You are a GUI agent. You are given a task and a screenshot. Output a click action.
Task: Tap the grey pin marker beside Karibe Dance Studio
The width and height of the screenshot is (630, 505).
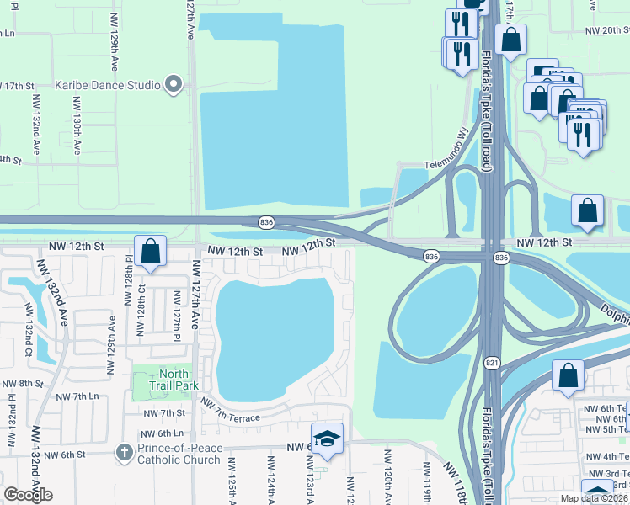174,84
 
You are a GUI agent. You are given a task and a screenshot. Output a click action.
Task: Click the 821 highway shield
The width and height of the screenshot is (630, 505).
492,363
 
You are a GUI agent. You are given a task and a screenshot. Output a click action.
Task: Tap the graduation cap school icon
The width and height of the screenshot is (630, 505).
327,439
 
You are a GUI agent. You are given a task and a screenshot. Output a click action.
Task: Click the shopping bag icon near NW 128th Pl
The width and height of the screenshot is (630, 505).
150,251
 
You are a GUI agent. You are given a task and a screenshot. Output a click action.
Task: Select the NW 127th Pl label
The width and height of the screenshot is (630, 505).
178,311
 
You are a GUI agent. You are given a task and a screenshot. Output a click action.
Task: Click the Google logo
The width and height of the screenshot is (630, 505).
28,495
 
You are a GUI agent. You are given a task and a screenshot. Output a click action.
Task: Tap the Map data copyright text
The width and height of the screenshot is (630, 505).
595,498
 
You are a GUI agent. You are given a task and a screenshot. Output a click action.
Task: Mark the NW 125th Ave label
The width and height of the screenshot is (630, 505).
232,484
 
